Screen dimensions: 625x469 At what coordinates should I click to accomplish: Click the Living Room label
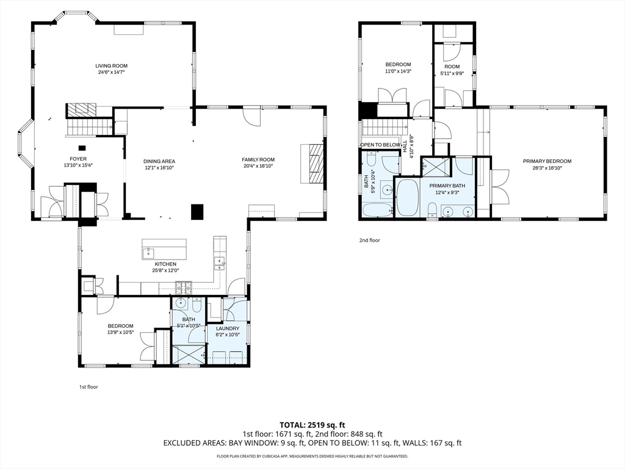coord(111,66)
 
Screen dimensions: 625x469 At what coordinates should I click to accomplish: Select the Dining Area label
coord(159,161)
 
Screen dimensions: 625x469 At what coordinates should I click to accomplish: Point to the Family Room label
coord(258,159)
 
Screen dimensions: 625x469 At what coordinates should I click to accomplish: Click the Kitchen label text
coord(165,264)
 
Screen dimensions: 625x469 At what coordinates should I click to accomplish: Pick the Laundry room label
coord(227,329)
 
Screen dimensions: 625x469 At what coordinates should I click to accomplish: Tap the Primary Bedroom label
coord(547,161)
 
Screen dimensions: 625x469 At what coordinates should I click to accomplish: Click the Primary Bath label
coord(447,186)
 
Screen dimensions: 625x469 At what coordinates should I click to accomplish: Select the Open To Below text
coord(380,145)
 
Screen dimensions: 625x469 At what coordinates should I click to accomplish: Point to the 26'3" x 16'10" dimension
coord(547,168)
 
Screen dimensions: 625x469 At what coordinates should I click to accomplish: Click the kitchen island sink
coord(148,252)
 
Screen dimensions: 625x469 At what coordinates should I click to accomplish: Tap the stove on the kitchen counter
coord(184,286)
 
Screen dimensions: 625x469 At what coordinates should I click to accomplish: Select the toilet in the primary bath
coord(432,209)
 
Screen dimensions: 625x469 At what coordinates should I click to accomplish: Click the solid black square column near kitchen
coord(197,212)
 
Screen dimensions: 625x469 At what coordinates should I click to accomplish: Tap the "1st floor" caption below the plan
coord(89,387)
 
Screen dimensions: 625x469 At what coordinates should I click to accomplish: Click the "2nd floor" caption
coord(369,241)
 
